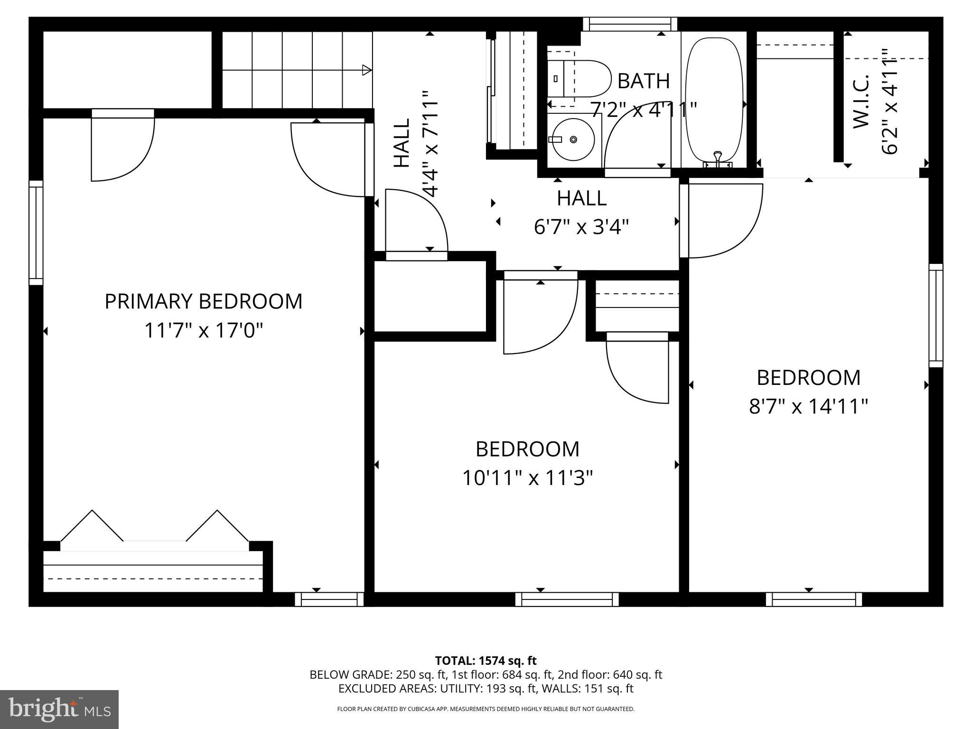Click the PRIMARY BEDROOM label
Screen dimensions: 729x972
click(x=203, y=302)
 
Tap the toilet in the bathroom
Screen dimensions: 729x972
click(x=581, y=79)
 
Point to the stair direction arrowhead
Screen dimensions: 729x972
click(x=366, y=70)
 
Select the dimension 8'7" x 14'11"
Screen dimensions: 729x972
click(x=808, y=407)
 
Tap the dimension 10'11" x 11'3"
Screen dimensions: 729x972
click(x=527, y=478)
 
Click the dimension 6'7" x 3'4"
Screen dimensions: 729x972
click(x=581, y=227)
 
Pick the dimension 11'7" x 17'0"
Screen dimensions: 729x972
click(x=203, y=330)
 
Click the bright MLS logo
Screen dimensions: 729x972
click(x=59, y=710)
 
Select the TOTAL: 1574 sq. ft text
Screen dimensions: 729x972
click(x=486, y=660)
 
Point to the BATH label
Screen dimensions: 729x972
click(x=643, y=81)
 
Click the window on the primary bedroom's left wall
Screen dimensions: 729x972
click(x=36, y=233)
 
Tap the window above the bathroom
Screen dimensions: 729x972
click(x=630, y=24)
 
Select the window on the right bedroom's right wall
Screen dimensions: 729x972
click(x=935, y=315)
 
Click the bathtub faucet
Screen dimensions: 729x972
click(x=718, y=159)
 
